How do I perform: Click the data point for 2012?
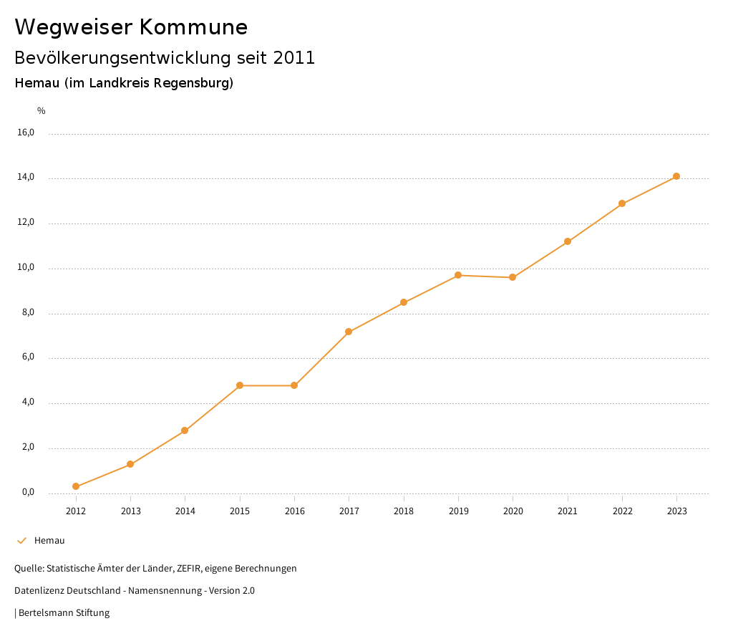(x=76, y=486)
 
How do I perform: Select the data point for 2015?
(x=240, y=385)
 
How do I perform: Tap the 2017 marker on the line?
(x=349, y=332)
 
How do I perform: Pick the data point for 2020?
(x=513, y=277)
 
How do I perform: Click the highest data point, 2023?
(x=676, y=176)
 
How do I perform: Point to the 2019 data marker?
(x=458, y=275)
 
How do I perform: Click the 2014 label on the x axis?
(x=185, y=511)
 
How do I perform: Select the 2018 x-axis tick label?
(x=404, y=511)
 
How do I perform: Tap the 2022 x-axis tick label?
(x=622, y=511)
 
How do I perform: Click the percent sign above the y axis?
(x=42, y=111)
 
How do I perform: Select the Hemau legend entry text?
(x=49, y=541)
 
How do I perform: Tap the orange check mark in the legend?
(x=21, y=541)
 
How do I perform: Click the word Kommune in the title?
(x=193, y=27)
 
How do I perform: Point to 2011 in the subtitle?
(x=294, y=58)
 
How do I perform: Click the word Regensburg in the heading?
(x=195, y=83)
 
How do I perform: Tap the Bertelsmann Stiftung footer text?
(x=64, y=613)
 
